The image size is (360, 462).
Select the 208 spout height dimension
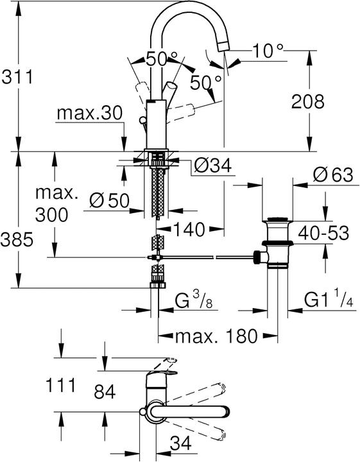(307, 101)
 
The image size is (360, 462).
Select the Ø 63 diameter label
(332, 174)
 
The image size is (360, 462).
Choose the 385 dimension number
(17, 240)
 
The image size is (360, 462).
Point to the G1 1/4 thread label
(328, 300)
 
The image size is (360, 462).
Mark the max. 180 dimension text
(218, 335)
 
